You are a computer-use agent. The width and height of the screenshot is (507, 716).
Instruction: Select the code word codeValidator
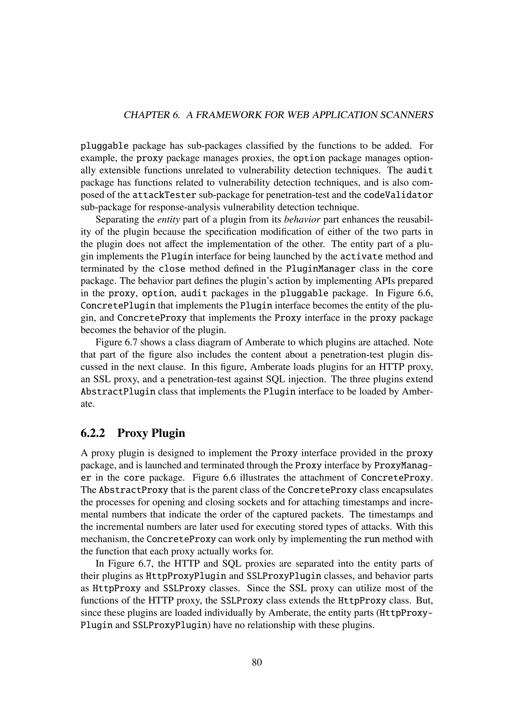tap(398, 195)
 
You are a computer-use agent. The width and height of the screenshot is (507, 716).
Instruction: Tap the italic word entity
tap(169, 220)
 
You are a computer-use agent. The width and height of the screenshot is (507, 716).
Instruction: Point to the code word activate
tap(361, 257)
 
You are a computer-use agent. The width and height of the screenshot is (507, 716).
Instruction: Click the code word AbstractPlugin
tap(118, 392)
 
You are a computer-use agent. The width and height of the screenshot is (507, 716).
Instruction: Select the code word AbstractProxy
tap(134, 490)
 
